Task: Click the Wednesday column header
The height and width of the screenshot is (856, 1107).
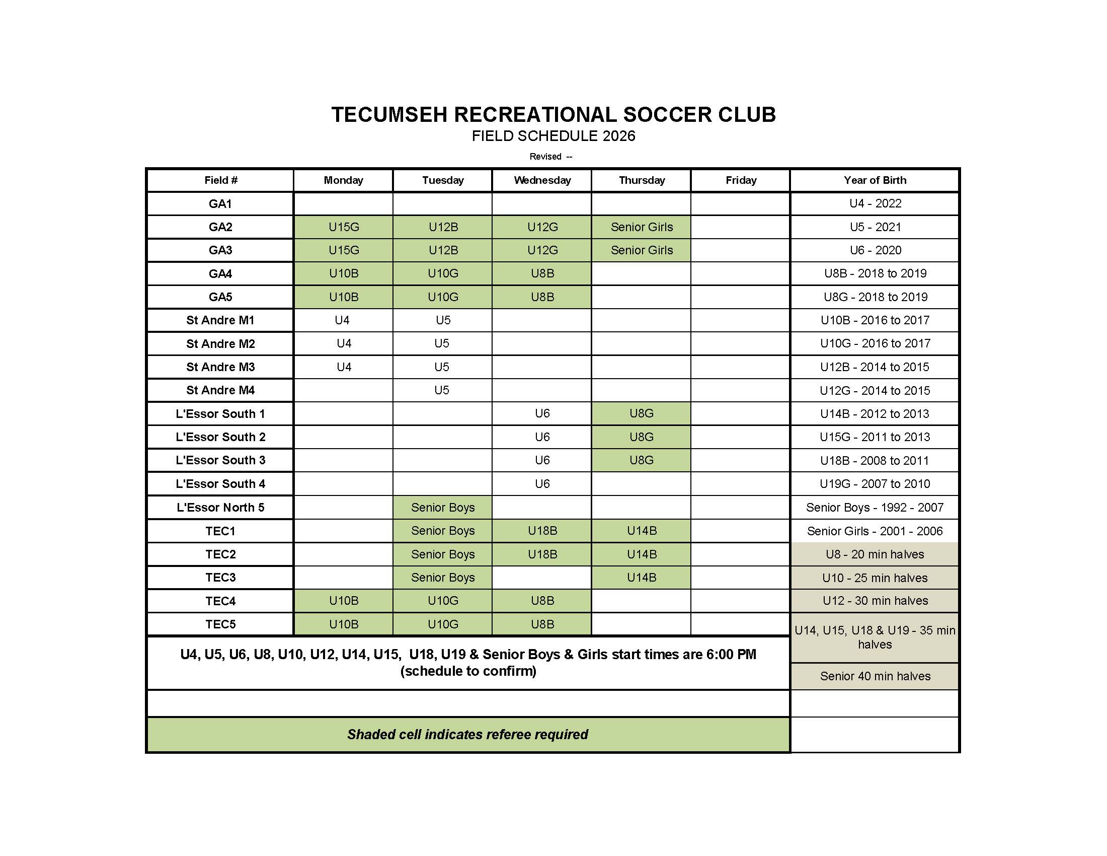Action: click(542, 180)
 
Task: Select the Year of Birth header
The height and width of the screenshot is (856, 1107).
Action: click(875, 180)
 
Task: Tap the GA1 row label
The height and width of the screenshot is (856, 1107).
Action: click(220, 204)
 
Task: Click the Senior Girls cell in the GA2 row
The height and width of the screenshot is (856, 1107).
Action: click(641, 227)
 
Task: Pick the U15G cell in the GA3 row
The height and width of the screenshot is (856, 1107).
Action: click(344, 250)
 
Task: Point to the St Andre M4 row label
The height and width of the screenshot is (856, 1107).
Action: click(220, 390)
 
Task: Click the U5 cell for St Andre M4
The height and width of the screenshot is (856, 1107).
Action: click(441, 390)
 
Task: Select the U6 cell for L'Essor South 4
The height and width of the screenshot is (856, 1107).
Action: click(542, 484)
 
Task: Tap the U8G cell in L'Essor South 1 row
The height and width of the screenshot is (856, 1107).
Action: click(641, 413)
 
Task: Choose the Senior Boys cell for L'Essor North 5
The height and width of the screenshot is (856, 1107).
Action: click(442, 507)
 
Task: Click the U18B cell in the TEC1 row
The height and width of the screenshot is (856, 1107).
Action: click(542, 530)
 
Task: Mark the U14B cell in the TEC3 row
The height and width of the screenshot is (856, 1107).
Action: click(641, 577)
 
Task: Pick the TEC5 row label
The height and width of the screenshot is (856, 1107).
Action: click(220, 624)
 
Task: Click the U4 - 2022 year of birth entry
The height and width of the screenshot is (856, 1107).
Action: click(875, 203)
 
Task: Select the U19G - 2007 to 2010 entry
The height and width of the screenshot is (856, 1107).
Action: click(875, 484)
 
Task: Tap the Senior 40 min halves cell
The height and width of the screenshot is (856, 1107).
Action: click(875, 676)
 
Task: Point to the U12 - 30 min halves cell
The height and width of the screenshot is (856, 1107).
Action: click(875, 600)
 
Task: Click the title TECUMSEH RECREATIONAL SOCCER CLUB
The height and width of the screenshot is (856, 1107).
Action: click(553, 115)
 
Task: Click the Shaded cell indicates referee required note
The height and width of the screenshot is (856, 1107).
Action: click(467, 734)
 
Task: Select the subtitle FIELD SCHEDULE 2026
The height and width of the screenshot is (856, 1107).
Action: click(553, 136)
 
